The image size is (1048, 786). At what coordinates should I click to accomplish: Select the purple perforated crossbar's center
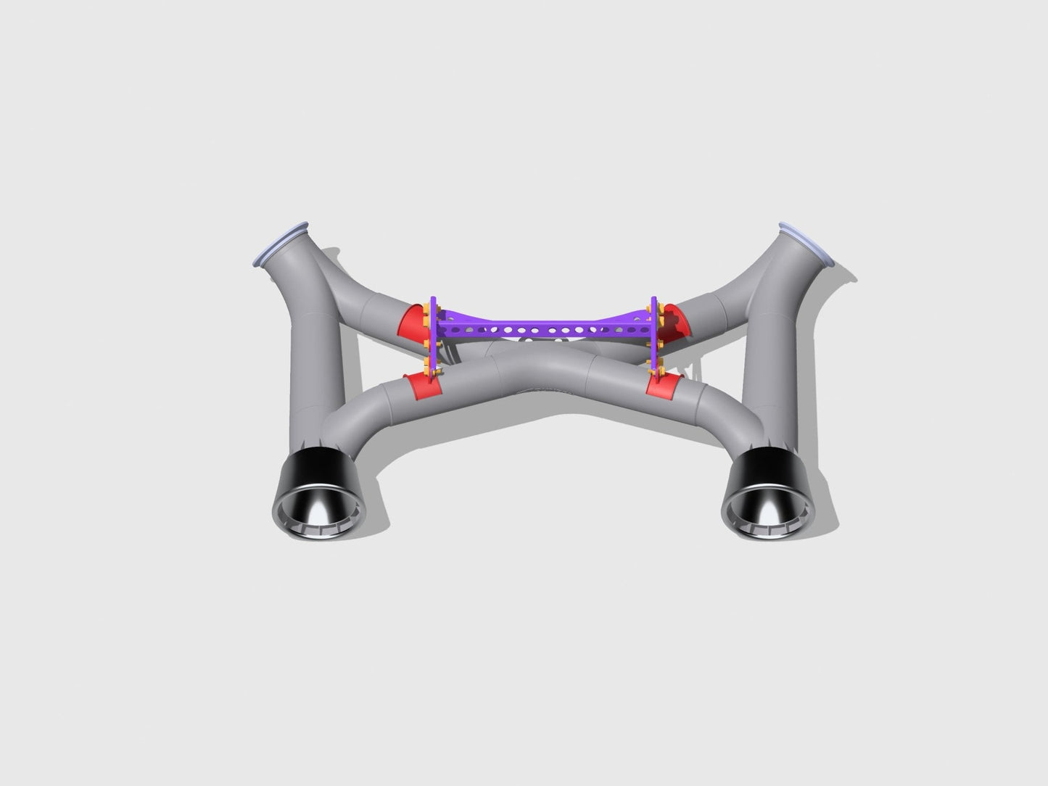543,331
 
